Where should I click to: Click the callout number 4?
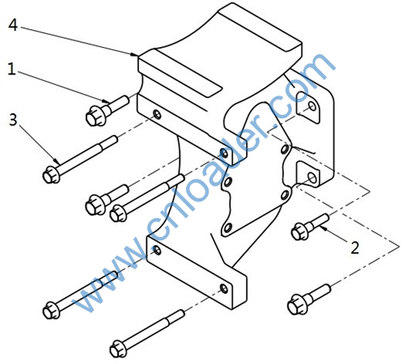tap(13, 25)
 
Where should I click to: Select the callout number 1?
tap(11, 69)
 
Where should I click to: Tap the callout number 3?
tap(13, 120)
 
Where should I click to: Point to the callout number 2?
tap(355, 248)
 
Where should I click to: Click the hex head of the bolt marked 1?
tap(95, 116)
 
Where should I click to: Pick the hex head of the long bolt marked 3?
tap(51, 175)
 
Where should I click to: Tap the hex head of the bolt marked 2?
tap(299, 231)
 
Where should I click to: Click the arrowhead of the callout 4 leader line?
tap(134, 54)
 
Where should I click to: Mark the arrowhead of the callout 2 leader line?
tap(324, 229)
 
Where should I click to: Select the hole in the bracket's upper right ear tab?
tap(312, 106)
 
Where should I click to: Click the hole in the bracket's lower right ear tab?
tap(312, 177)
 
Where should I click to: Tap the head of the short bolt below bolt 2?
tap(296, 305)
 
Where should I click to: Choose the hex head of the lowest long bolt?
tap(118, 349)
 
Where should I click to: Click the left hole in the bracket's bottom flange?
tap(157, 251)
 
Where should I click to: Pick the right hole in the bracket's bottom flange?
tap(224, 289)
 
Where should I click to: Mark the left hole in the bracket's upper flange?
tap(157, 115)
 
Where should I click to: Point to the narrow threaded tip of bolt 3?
tap(109, 142)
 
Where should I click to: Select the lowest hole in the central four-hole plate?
tap(227, 228)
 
